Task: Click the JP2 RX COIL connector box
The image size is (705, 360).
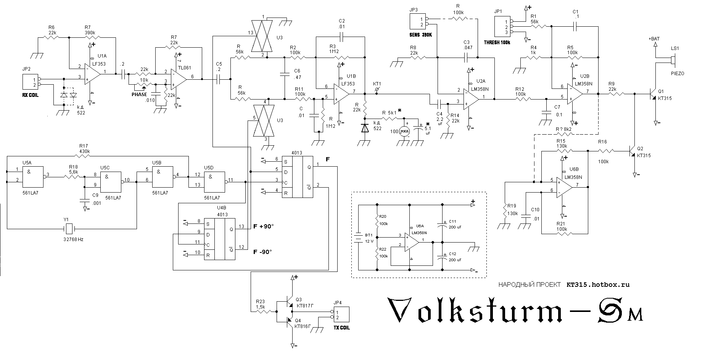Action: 30,82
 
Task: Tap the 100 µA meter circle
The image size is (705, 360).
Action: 404,132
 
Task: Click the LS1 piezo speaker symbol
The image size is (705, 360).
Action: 674,60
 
